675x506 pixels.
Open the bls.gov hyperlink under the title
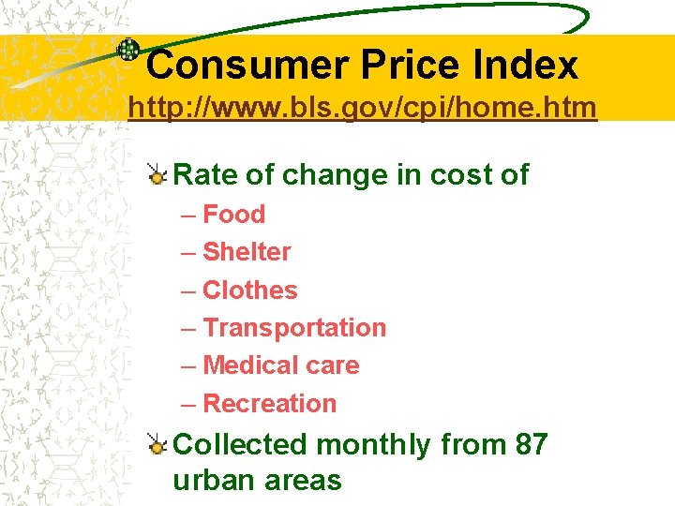362,109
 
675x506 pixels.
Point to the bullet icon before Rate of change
157,173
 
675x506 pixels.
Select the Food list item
233,215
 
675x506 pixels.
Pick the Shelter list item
247,252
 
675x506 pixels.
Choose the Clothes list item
249,290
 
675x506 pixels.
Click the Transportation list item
294,328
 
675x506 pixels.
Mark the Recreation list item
269,404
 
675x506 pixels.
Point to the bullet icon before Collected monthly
157,444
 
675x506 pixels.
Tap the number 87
531,444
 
